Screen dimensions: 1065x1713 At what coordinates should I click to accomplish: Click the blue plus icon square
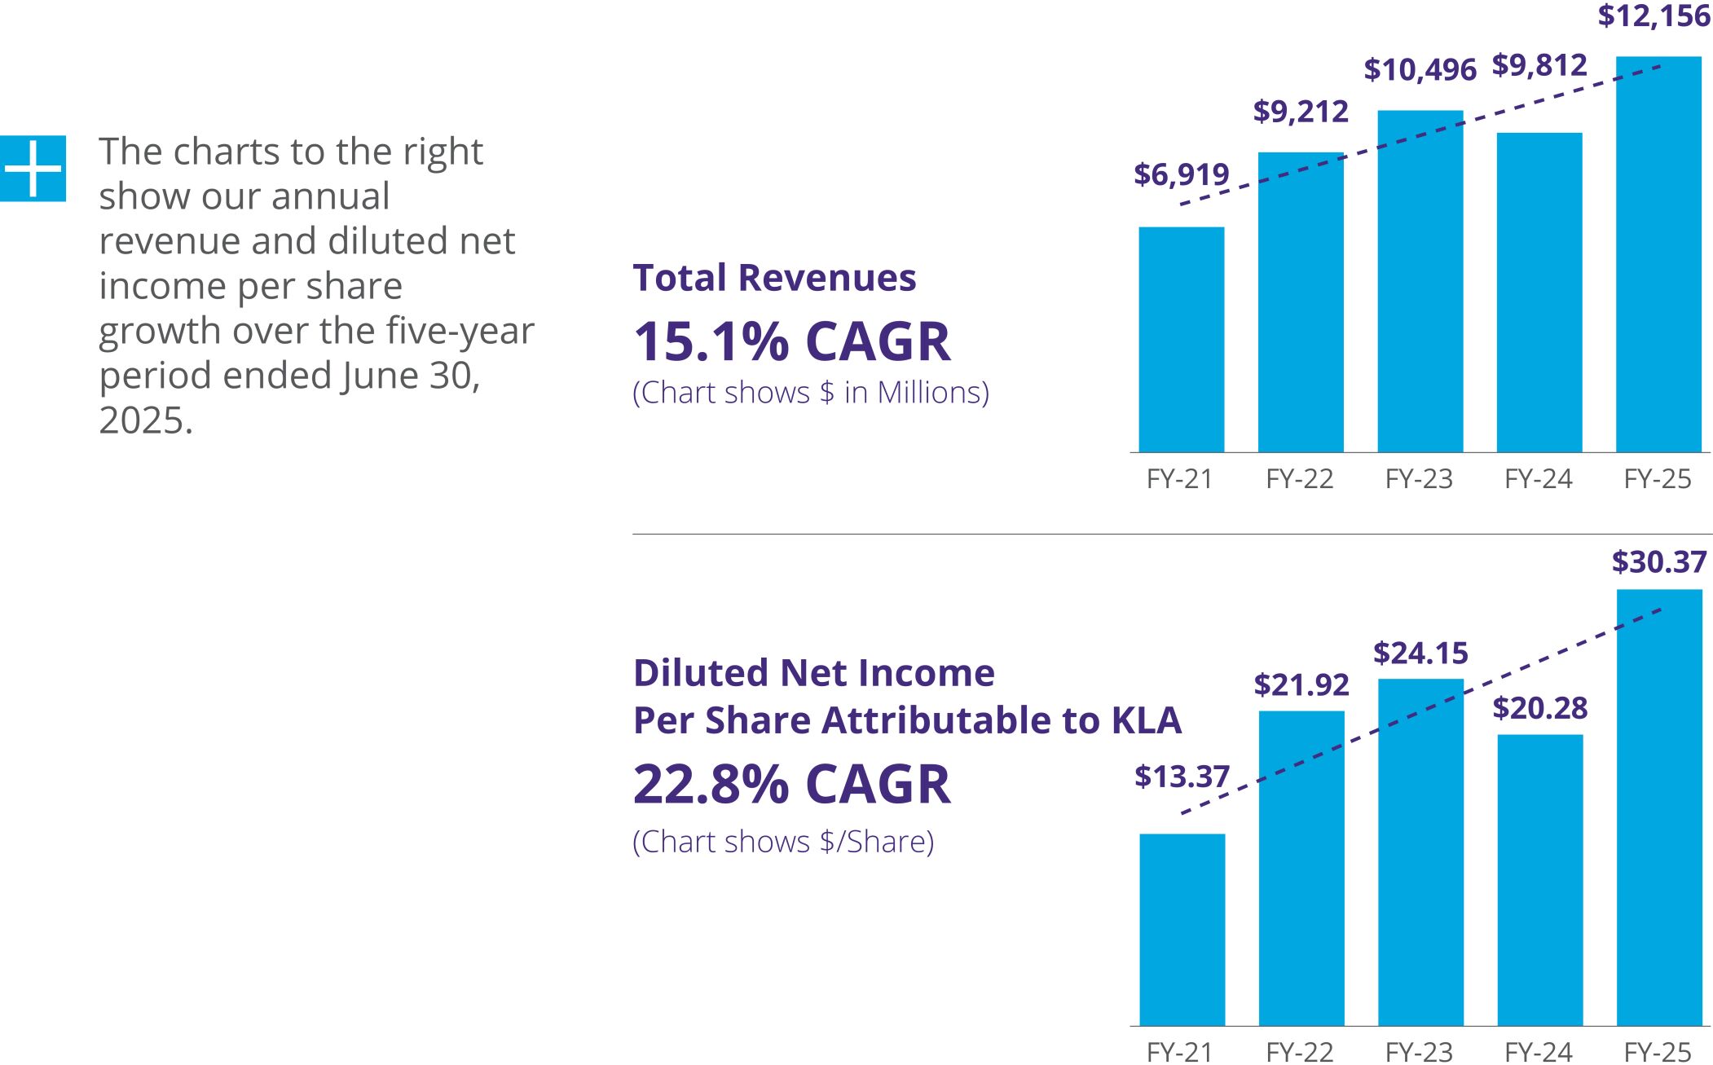tap(33, 168)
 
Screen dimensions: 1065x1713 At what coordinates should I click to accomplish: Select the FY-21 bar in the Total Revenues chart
tap(1181, 339)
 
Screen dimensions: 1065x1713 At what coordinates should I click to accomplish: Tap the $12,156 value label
tap(1654, 16)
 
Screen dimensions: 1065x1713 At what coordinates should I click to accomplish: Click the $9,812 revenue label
tap(1539, 65)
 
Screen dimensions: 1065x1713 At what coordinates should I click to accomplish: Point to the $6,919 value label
tap(1181, 174)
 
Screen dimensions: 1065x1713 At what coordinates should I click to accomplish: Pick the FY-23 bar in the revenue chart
tap(1420, 281)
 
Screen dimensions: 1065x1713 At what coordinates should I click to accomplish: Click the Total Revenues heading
tap(774, 278)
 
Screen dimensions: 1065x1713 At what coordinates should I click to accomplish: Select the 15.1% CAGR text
tap(791, 341)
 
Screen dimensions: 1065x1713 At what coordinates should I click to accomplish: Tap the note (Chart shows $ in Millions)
tap(810, 393)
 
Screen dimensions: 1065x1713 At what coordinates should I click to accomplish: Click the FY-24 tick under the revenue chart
tap(1538, 479)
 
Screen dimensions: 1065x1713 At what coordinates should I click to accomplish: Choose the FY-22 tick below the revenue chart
tap(1299, 479)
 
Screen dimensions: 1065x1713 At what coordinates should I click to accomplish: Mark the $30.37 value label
tap(1658, 562)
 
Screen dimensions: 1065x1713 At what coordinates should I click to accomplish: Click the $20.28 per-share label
tap(1539, 708)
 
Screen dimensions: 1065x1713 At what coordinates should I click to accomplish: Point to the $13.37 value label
tap(1182, 777)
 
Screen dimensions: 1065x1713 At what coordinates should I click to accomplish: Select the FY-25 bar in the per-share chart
tap(1658, 807)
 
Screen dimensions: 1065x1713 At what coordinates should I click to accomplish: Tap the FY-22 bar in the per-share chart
tap(1301, 868)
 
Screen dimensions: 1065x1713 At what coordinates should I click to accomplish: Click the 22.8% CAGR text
tap(791, 785)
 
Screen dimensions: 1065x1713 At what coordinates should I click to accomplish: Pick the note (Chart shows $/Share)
tap(783, 842)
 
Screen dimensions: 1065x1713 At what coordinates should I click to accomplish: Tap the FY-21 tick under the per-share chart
tap(1179, 1052)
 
